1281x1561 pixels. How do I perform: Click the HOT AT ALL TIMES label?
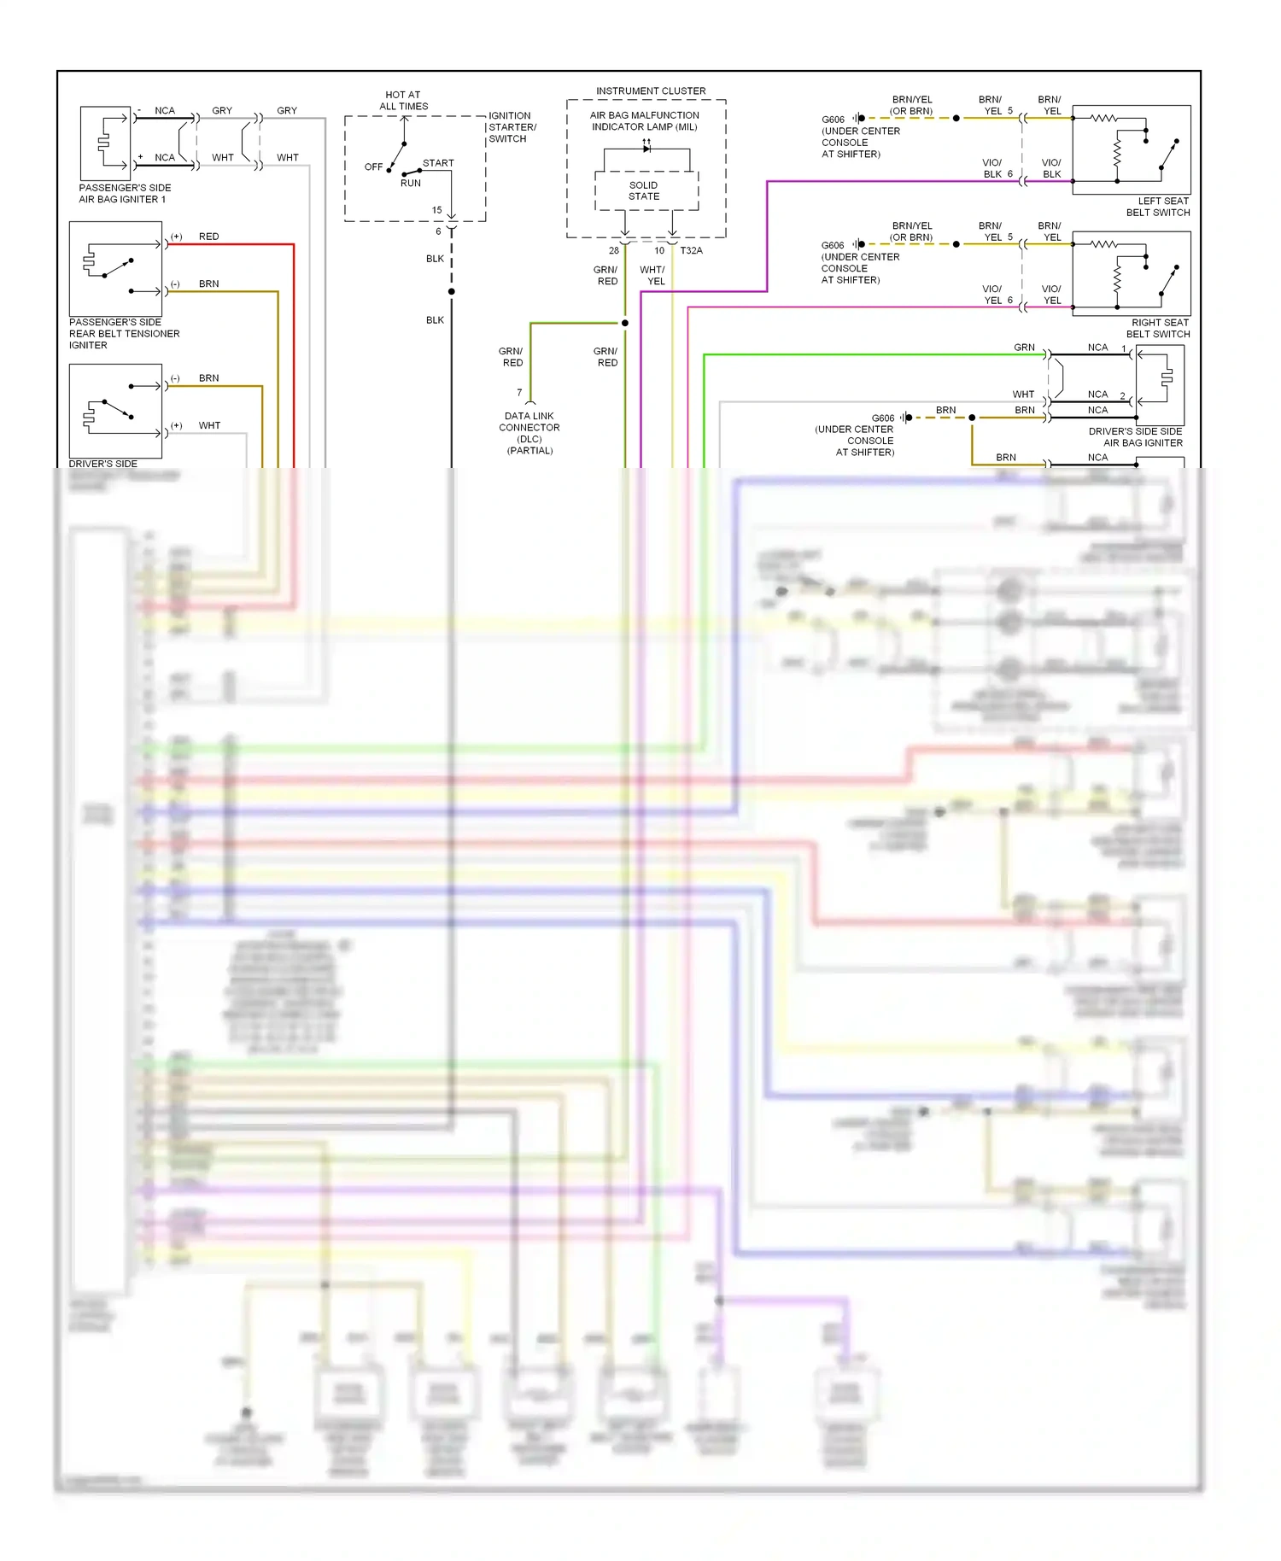click(x=403, y=101)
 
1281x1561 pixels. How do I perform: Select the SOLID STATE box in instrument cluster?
click(x=644, y=190)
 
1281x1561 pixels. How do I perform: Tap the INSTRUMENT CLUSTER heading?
click(x=651, y=91)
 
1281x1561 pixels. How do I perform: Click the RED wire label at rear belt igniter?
click(x=208, y=237)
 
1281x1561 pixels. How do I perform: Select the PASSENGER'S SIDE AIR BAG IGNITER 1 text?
click(x=125, y=193)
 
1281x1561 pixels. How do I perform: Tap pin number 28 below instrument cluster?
click(x=613, y=250)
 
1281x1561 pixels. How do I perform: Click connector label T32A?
click(x=691, y=250)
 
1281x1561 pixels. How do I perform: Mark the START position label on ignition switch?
click(x=438, y=163)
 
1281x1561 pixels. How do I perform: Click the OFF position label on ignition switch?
click(x=373, y=167)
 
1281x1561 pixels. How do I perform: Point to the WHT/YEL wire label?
click(x=652, y=275)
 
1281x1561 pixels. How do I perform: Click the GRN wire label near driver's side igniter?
click(x=1024, y=348)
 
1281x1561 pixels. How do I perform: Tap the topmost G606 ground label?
click(x=833, y=120)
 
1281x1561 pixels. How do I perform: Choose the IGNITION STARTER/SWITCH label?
click(x=512, y=127)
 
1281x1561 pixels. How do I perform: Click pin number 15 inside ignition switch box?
click(x=436, y=210)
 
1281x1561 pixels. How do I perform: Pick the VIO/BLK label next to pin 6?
click(x=991, y=168)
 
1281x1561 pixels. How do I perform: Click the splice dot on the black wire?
click(x=452, y=292)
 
